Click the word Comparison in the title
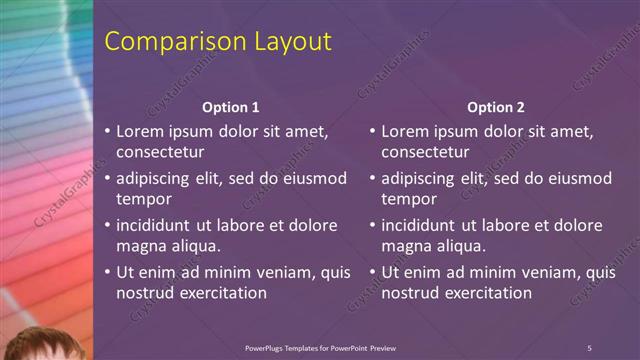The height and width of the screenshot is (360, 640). coord(166,42)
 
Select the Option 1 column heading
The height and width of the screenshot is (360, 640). coord(231,107)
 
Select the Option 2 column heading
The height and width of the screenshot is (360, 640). coord(495,107)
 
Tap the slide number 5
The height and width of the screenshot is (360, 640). coord(589,348)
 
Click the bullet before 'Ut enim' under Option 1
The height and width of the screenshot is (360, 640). coord(108,273)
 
